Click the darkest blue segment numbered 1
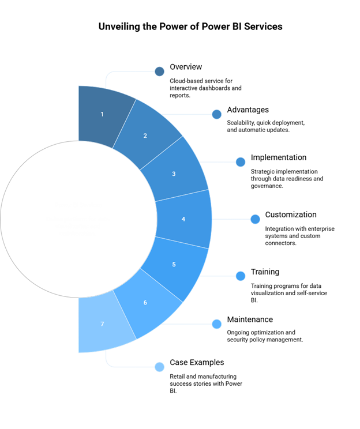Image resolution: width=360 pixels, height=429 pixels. [x=102, y=114]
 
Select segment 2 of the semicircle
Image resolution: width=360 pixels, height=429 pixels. [x=145, y=136]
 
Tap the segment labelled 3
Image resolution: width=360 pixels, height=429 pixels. [x=174, y=173]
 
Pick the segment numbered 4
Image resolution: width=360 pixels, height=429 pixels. [x=183, y=219]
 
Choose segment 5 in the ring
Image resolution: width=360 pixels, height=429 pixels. [x=174, y=265]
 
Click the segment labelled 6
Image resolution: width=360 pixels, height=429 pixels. [x=145, y=303]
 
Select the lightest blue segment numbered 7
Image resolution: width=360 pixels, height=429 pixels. [x=102, y=324]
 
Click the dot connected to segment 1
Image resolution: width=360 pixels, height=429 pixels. [x=160, y=71]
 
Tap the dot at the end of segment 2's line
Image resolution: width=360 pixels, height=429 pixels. [x=217, y=114]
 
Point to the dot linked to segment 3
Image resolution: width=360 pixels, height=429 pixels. [x=241, y=162]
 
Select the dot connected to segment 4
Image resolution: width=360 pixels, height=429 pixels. [x=255, y=219]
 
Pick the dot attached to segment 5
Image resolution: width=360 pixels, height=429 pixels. [x=241, y=276]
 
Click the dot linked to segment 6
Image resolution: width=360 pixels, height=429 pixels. [x=217, y=324]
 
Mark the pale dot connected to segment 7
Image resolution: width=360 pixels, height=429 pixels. [x=160, y=367]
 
